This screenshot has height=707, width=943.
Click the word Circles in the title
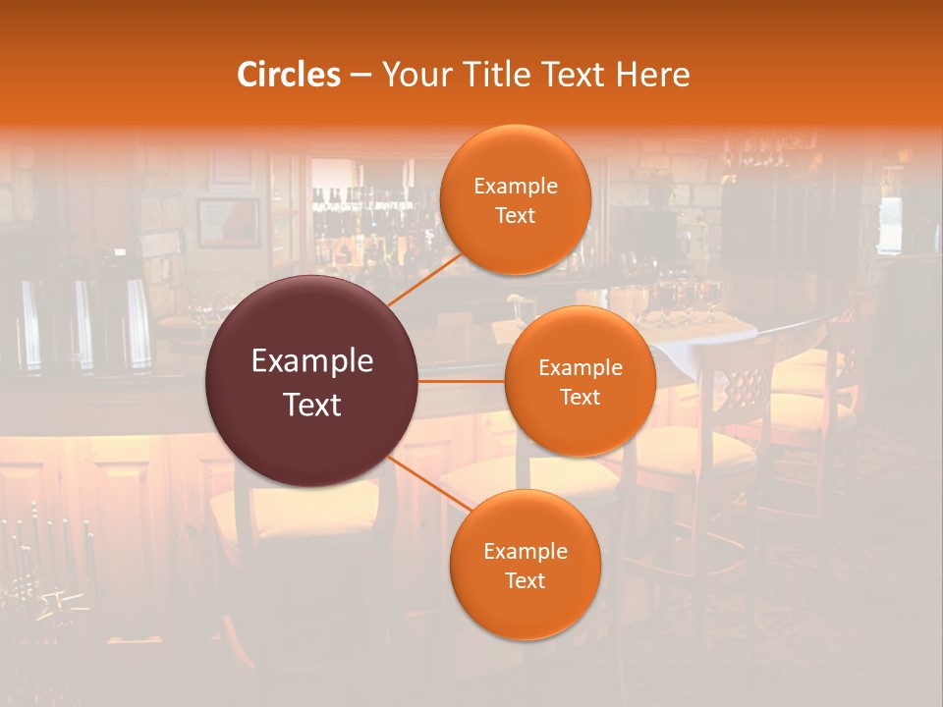(x=288, y=75)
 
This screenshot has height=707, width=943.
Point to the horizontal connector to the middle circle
(x=462, y=380)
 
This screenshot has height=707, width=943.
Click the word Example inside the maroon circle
(x=312, y=361)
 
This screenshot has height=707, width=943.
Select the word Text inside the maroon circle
(x=312, y=405)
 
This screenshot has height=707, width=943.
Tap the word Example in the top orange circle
(x=516, y=187)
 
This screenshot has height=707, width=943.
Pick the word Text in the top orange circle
(x=515, y=216)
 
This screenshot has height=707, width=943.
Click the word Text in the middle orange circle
(x=581, y=398)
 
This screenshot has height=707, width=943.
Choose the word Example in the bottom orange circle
(x=526, y=552)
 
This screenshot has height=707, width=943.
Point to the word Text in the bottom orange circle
(x=525, y=581)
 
